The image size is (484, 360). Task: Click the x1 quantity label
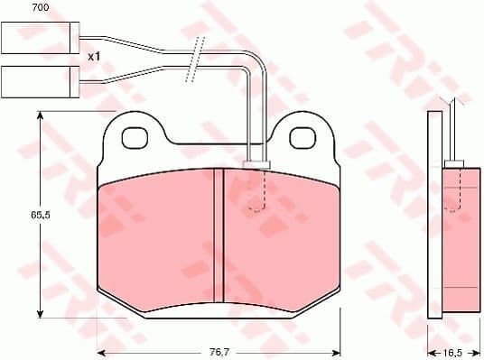click(94, 56)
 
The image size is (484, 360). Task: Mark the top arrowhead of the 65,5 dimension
click(39, 116)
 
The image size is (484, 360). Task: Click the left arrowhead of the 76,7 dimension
click(102, 349)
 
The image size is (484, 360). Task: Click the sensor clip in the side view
click(457, 163)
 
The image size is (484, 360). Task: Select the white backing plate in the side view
click(434, 217)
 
